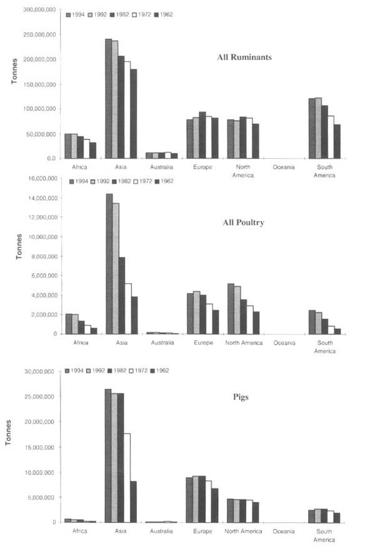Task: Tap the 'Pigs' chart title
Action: [x=240, y=397]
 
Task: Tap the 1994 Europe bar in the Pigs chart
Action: [x=189, y=500]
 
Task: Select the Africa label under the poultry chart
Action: [x=80, y=343]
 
